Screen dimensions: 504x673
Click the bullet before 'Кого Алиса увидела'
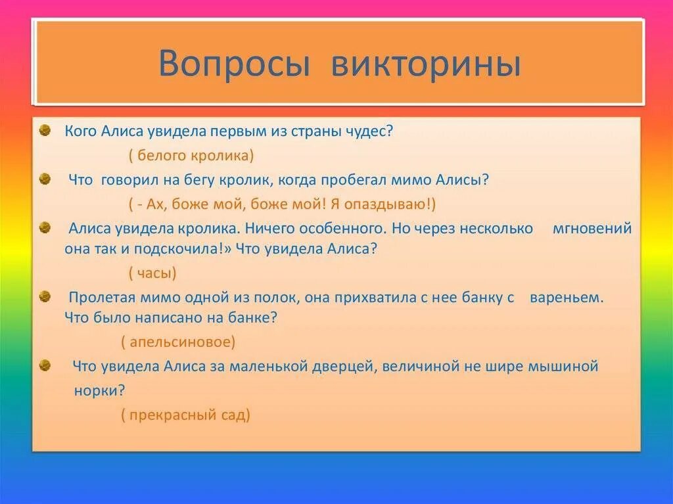45,130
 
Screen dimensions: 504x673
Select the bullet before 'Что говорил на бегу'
45,179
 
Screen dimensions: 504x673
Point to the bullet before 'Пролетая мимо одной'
45,297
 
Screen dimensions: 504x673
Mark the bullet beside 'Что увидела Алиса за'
45,366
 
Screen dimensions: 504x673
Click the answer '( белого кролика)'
191,156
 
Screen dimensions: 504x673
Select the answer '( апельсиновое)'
178,342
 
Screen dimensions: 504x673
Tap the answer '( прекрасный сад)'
185,415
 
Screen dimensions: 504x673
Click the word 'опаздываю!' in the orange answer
394,204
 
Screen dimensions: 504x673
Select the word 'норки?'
99,390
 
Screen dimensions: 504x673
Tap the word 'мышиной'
563,366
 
